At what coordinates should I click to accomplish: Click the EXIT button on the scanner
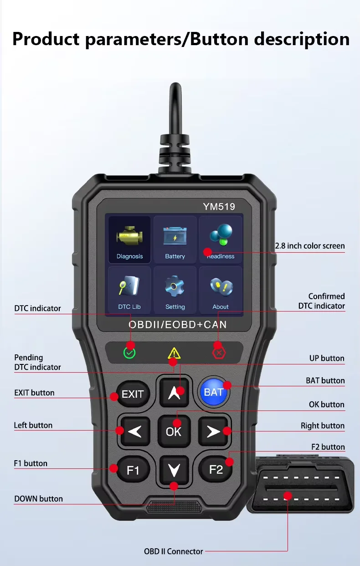pos(132,394)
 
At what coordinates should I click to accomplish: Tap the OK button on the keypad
pos(174,431)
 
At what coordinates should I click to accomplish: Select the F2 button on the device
pos(216,469)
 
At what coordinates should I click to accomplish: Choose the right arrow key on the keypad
pos(213,431)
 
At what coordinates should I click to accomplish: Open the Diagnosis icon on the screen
pos(129,239)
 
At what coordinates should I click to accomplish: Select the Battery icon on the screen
pos(175,239)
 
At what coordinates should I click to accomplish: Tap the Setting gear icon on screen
pos(175,290)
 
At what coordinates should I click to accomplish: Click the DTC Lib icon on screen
pos(129,290)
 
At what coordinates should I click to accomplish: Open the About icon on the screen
pos(221,290)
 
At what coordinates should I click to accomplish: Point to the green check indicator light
pos(130,353)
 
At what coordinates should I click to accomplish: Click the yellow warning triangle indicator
pos(174,353)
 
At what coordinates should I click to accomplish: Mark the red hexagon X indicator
pos(219,353)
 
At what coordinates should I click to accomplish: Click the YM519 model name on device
pos(219,207)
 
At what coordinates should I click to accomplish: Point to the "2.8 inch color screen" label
pos(310,246)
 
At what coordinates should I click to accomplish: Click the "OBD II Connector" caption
pos(174,551)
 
